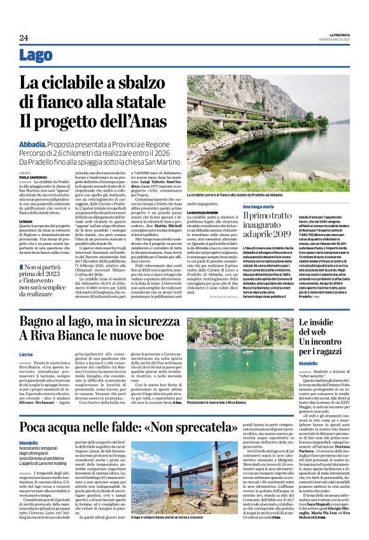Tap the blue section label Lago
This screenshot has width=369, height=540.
coord(36,56)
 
